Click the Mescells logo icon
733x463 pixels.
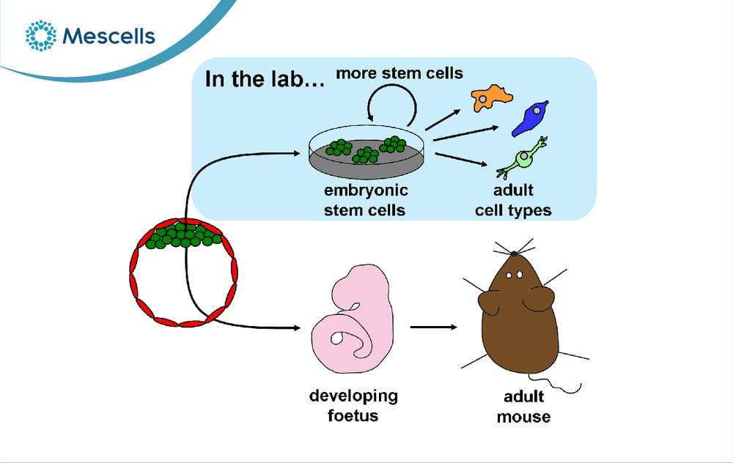(40, 35)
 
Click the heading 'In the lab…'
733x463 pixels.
(265, 78)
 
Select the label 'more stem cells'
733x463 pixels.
(399, 73)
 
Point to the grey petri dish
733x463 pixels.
(367, 152)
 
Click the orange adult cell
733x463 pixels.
(491, 97)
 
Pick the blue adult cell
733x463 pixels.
(530, 118)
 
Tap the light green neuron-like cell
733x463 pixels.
(523, 158)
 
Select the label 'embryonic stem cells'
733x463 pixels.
(366, 200)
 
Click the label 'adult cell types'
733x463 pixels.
(513, 200)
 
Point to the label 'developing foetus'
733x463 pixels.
(353, 406)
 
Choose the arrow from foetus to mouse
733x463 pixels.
(434, 327)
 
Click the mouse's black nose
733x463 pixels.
(515, 253)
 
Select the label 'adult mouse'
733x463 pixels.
(523, 407)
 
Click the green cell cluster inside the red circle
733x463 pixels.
(183, 235)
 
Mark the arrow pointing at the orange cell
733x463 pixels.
(443, 120)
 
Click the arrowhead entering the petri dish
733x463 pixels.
(296, 153)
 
